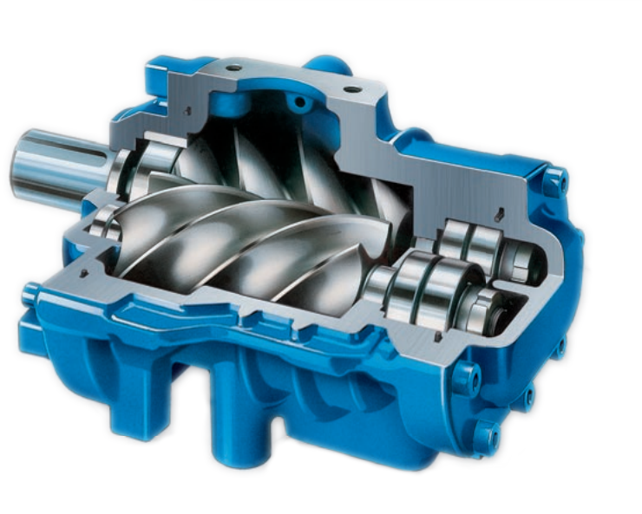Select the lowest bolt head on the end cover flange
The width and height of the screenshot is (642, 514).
point(486,433)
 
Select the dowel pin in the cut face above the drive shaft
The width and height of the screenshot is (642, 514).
point(187,109)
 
